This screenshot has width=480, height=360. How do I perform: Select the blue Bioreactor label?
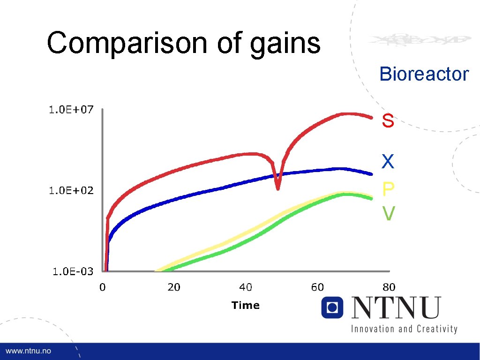[424, 74]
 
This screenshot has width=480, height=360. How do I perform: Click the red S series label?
[388, 121]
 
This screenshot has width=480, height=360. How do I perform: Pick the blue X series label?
[388, 162]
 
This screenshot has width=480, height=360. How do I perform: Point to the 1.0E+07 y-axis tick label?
[71, 110]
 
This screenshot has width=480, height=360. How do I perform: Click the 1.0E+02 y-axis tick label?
[71, 190]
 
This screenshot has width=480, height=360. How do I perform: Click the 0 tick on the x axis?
[102, 287]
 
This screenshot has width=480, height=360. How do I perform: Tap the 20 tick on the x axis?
[174, 287]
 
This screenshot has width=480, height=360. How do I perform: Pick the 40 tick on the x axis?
[246, 287]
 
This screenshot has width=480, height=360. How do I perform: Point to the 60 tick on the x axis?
[317, 287]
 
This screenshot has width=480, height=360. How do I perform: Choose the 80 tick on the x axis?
[389, 287]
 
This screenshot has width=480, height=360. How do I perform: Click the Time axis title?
[245, 306]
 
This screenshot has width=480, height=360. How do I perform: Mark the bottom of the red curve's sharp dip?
[278, 188]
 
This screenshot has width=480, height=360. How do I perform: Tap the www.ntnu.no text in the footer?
[29, 351]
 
